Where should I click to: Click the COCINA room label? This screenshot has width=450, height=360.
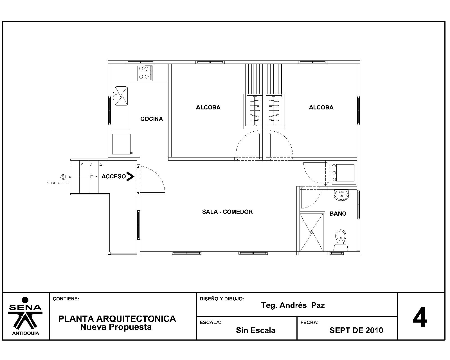click(152, 119)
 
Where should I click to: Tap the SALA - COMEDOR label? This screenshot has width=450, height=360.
click(228, 212)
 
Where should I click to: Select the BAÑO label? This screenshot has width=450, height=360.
click(338, 213)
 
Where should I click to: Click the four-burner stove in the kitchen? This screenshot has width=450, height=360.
click(145, 73)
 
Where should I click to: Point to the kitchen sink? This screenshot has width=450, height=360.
click(121, 96)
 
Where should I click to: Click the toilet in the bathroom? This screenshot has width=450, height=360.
click(341, 240)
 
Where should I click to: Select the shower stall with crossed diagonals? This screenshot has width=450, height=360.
click(312, 232)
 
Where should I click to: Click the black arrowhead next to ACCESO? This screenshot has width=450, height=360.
click(130, 177)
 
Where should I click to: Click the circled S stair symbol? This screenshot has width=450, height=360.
click(63, 177)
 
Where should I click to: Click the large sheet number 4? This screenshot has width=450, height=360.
click(420, 317)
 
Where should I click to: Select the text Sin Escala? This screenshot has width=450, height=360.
click(256, 330)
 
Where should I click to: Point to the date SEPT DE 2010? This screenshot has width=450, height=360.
click(356, 330)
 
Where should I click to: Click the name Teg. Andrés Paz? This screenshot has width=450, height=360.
click(293, 305)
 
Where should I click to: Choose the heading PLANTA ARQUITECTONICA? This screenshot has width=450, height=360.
click(117, 319)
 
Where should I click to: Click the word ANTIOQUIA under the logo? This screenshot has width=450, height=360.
click(26, 334)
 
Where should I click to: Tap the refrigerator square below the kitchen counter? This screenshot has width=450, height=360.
click(121, 144)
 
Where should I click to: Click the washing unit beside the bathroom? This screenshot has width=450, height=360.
click(344, 173)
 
